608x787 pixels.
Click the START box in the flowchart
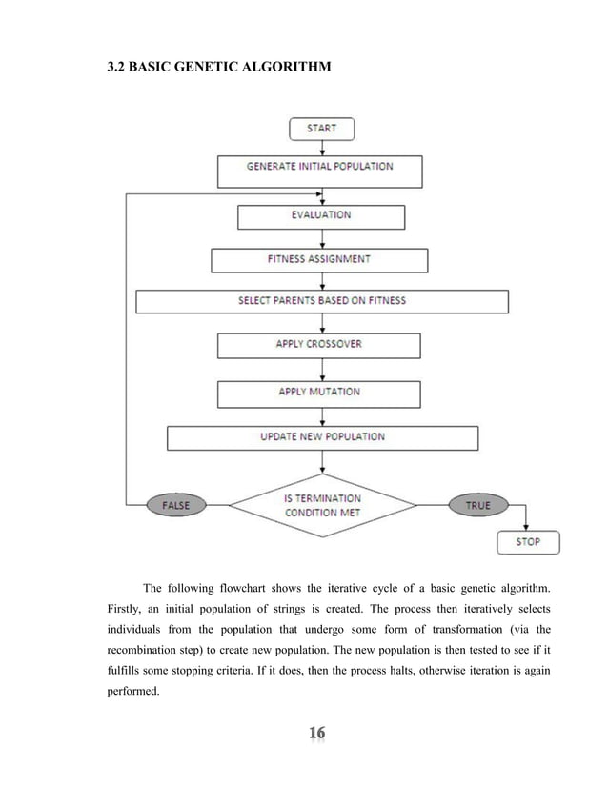320,129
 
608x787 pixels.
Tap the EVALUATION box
320,215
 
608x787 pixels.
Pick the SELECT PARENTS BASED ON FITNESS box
321,301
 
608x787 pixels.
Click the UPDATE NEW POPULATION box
322,437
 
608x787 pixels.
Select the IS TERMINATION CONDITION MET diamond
324,505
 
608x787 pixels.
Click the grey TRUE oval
476,505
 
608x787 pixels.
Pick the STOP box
527,542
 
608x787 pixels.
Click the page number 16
316,734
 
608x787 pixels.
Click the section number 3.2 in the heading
115,69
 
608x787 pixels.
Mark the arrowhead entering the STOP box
527,527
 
